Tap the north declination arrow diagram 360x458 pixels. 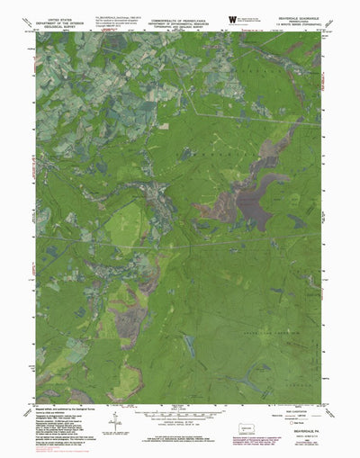(114, 406)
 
